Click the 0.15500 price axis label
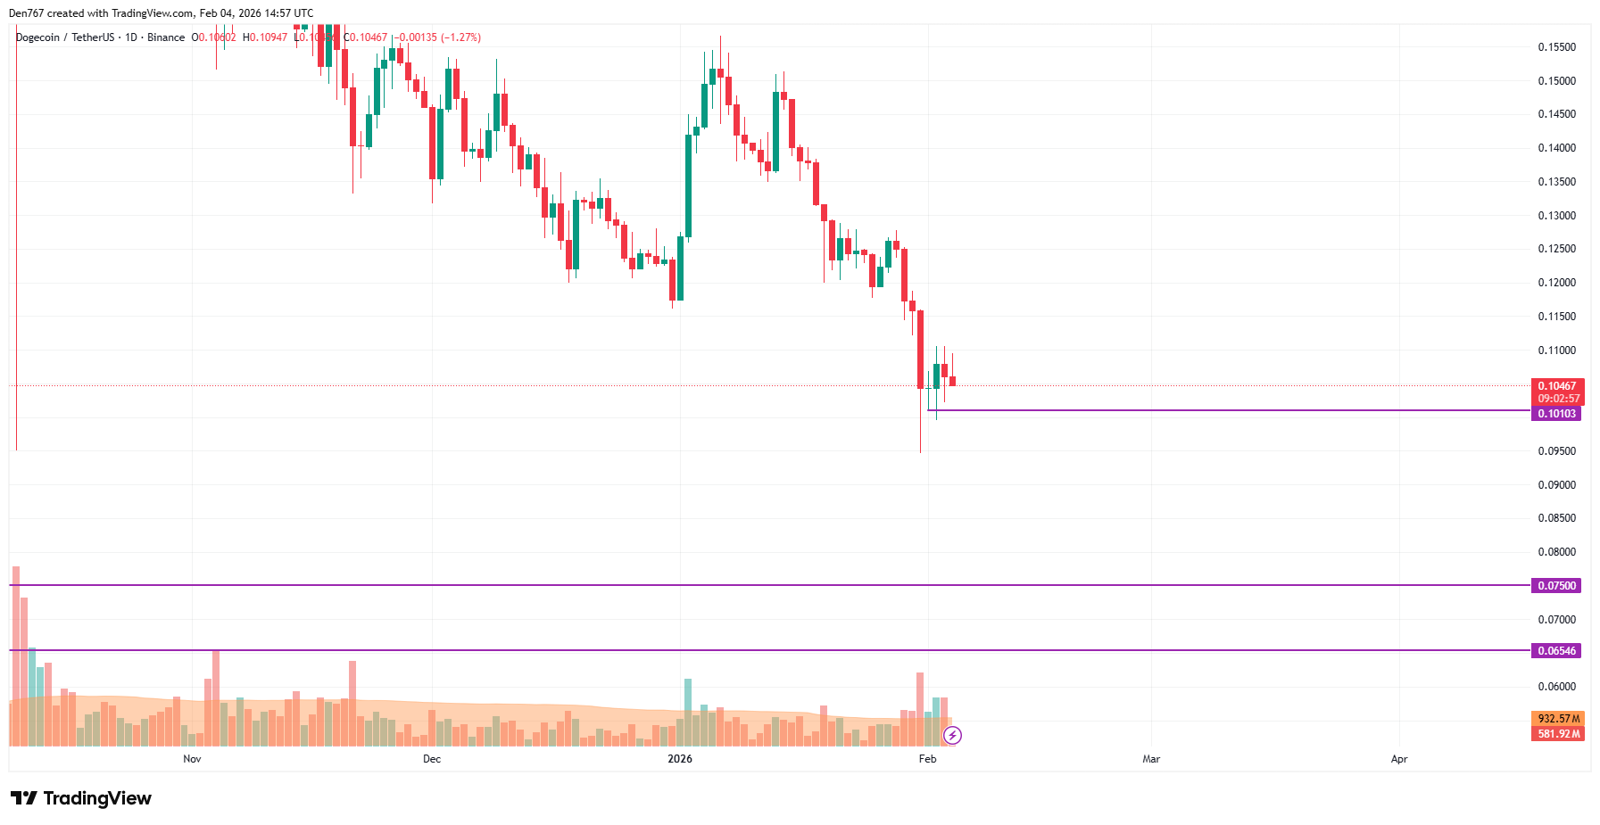tap(1556, 47)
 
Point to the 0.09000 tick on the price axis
tap(1556, 485)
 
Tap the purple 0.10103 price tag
tap(1556, 414)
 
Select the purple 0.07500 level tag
tap(1556, 586)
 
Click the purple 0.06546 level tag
tap(1556, 651)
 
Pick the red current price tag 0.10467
tap(1556, 386)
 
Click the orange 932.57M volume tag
tap(1558, 719)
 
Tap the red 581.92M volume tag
tap(1558, 734)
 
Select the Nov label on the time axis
tap(192, 759)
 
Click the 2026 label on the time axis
tap(680, 759)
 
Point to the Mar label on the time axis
tap(1151, 759)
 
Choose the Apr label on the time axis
tap(1399, 759)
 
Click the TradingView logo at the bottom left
tap(81, 798)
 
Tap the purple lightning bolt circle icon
tap(953, 735)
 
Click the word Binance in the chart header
tap(166, 37)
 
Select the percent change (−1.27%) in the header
tap(460, 37)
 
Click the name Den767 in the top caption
tap(26, 13)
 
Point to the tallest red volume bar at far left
tap(16, 656)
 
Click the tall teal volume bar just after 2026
tap(688, 712)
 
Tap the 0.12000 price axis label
tap(1556, 283)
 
